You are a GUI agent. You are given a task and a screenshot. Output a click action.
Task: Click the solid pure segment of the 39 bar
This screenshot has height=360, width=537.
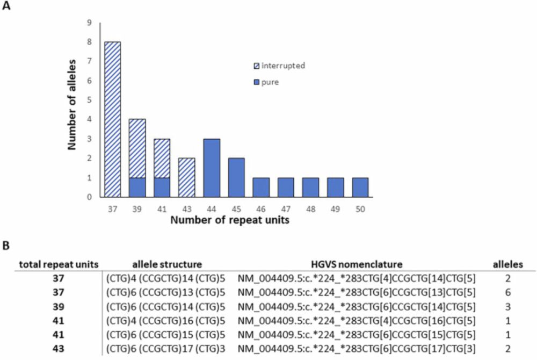point(136,188)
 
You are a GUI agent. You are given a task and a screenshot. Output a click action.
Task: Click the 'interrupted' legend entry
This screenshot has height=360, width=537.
point(280,66)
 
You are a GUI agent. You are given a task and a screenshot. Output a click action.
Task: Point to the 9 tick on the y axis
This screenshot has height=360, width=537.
point(90,23)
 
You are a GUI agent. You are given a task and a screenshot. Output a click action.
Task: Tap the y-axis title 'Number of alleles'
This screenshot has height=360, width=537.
point(74,103)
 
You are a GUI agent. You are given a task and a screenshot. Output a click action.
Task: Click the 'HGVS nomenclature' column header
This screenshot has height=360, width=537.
point(357,264)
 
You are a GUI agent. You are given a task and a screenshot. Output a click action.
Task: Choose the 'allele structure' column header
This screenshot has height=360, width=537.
point(167,264)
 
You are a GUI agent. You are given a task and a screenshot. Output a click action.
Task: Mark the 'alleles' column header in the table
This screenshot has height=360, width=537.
point(507,264)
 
